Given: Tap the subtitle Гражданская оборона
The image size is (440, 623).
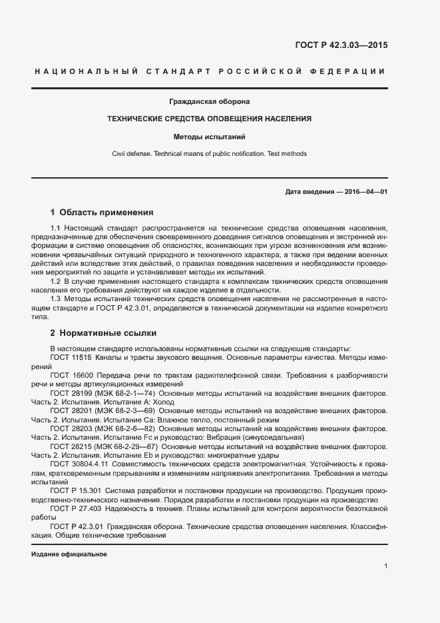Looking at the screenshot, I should [210, 102].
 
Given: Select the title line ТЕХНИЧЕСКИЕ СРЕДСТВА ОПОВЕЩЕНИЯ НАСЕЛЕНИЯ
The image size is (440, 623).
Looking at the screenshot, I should [210, 119].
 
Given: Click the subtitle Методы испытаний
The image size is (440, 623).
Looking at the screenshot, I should [210, 137].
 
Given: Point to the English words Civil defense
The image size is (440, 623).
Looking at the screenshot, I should [132, 154].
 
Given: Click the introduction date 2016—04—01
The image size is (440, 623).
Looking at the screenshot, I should [365, 192].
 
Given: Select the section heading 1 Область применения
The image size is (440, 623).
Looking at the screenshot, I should [102, 213].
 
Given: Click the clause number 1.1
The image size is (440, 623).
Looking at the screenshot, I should [55, 229].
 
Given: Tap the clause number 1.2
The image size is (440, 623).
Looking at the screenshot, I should [55, 281].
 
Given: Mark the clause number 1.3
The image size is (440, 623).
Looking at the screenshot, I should [55, 299].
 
